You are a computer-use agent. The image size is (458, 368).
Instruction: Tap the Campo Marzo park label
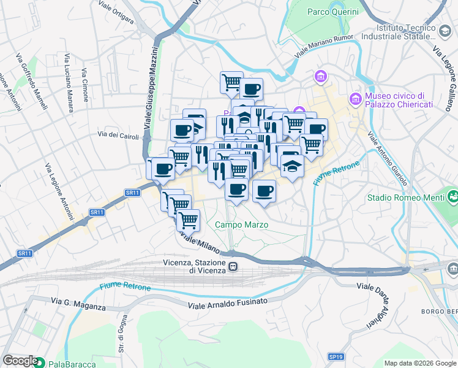click(241, 225)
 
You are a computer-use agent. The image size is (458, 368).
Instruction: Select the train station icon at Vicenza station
click(234, 267)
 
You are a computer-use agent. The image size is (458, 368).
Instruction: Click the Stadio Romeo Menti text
click(405, 197)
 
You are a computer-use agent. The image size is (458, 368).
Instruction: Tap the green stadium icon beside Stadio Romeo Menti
click(452, 197)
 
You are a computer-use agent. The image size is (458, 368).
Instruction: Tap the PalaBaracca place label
click(72, 364)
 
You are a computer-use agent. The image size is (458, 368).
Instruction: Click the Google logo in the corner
click(20, 361)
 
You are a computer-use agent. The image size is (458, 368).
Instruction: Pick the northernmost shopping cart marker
click(231, 82)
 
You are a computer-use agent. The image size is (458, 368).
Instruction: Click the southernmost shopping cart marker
click(189, 218)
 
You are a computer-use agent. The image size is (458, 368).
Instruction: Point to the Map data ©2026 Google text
click(420, 363)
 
